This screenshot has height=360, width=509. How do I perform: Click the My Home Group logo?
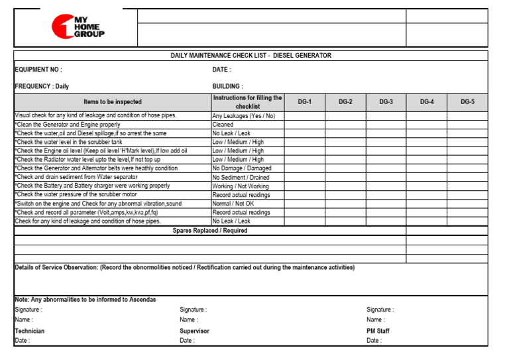click(x=78, y=27)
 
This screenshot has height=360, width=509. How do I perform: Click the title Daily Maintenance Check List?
click(x=251, y=56)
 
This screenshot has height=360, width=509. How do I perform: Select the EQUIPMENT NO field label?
click(x=38, y=70)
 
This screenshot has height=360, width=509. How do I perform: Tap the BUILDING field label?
click(x=227, y=86)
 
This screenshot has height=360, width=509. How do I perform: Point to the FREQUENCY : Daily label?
click(x=42, y=86)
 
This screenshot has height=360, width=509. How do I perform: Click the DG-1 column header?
click(x=304, y=102)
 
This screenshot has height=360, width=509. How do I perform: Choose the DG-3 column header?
click(x=386, y=102)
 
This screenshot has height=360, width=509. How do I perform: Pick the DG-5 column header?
click(x=467, y=102)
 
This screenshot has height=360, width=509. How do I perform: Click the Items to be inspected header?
click(x=112, y=102)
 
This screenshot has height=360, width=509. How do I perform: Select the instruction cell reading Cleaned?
click(x=223, y=125)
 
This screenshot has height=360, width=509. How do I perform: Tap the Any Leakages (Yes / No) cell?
click(x=243, y=115)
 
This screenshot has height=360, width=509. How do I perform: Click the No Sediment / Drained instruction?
click(x=241, y=177)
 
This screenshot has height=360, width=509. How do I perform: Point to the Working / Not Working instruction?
click(x=241, y=186)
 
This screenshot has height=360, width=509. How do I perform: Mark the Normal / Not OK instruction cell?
click(x=233, y=204)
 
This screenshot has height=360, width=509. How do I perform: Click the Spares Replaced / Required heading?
click(x=210, y=231)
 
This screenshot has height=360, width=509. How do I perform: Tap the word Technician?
click(x=30, y=331)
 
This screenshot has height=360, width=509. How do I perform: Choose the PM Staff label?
click(x=378, y=331)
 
